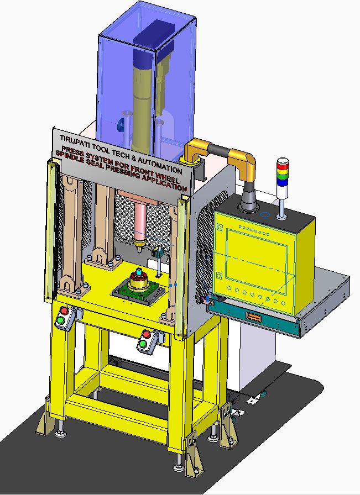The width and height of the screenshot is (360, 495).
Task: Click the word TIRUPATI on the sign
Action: pyautogui.click(x=74, y=140)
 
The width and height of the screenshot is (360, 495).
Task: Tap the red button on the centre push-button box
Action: pyautogui.click(x=147, y=335)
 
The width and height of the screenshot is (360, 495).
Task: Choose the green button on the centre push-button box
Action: pyautogui.click(x=143, y=344)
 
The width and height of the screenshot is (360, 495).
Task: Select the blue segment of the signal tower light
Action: pyautogui.click(x=282, y=182)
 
